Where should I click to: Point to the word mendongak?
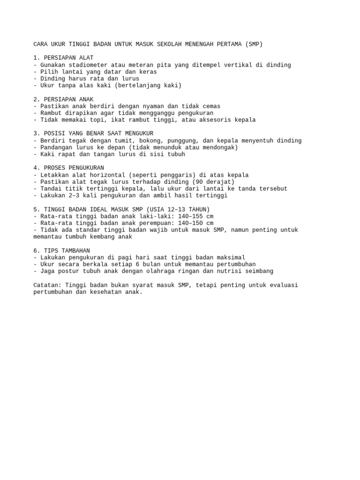coord(221,147)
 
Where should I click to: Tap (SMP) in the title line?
coord(254,45)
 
